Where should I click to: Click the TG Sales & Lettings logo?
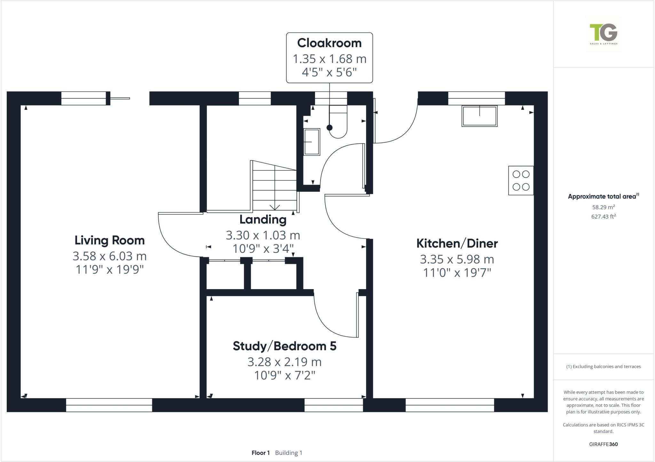pyautogui.click(x=603, y=34)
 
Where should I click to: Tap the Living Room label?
pyautogui.click(x=109, y=240)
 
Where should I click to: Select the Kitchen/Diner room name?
pyautogui.click(x=457, y=243)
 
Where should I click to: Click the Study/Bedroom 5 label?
pyautogui.click(x=284, y=346)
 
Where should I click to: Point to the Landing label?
pyautogui.click(x=263, y=219)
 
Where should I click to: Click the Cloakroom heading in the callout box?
pyautogui.click(x=329, y=43)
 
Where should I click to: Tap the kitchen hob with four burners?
pyautogui.click(x=521, y=181)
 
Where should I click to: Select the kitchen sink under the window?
pyautogui.click(x=479, y=116)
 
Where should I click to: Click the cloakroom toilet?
pyautogui.click(x=338, y=123)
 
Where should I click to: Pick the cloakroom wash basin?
pyautogui.click(x=311, y=142)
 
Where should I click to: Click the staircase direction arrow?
pyautogui.click(x=275, y=207)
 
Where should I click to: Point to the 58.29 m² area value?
pyautogui.click(x=603, y=207)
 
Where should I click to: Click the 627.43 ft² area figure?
pyautogui.click(x=603, y=217)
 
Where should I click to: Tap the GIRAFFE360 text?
pyautogui.click(x=603, y=444)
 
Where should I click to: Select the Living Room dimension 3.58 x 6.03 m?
pyautogui.click(x=109, y=256)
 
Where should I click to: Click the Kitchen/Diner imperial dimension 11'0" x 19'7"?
pyautogui.click(x=457, y=273)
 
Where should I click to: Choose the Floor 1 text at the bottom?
pyautogui.click(x=261, y=453)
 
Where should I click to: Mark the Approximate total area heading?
pyautogui.click(x=603, y=196)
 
